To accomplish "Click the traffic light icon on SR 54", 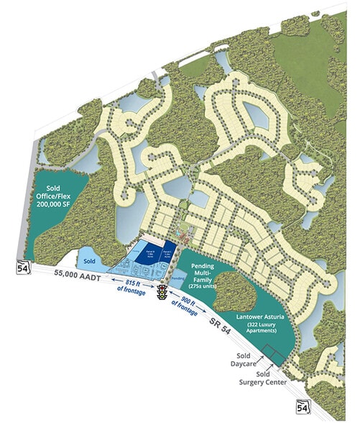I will [x=163, y=292].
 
